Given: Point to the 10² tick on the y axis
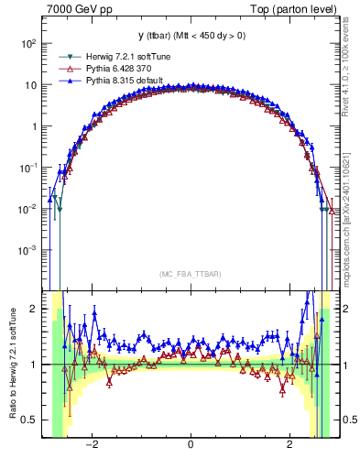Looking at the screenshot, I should [x=29, y=43].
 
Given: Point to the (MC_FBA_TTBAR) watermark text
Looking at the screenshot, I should [x=190, y=275].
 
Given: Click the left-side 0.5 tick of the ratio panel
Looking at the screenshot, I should [x=30, y=420].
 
